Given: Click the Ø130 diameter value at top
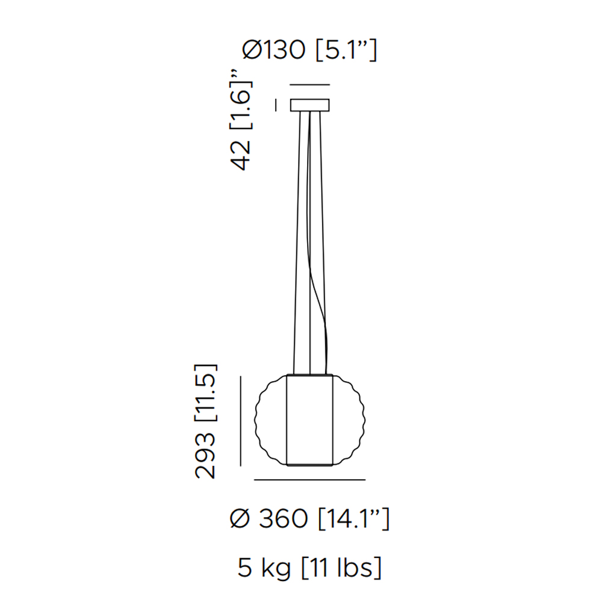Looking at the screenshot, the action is point(274,50).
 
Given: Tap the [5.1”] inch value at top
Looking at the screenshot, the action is point(346,50).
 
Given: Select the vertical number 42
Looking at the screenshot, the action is point(241,155).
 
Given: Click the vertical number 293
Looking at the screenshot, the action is point(205,455).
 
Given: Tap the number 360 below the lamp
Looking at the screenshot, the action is point(284,518).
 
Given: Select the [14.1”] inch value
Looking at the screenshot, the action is point(354,518).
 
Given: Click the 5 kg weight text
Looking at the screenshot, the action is point(264,568).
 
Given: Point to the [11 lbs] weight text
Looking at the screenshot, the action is point(341,568).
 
